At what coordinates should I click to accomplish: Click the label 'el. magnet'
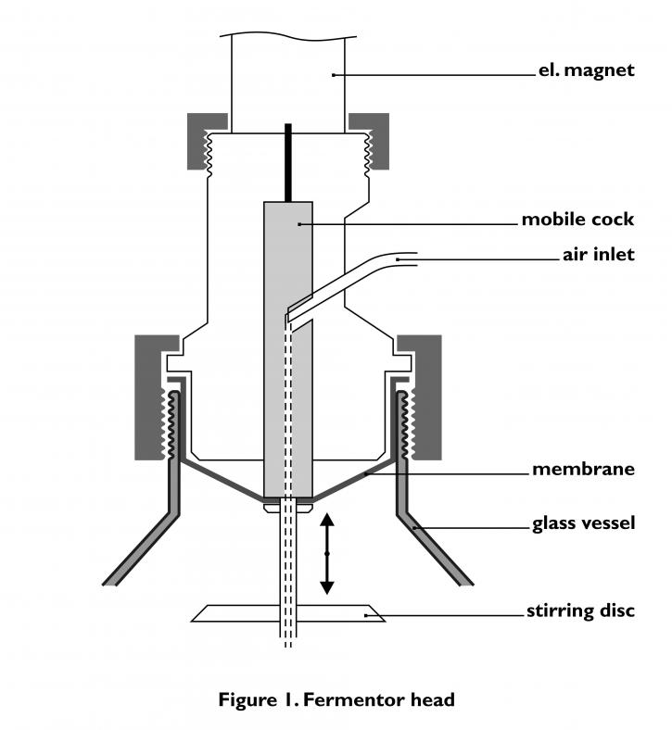coord(587,70)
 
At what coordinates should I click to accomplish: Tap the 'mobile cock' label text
coord(577,220)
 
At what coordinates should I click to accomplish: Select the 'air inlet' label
coord(599,255)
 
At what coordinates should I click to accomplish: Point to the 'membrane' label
coord(583,469)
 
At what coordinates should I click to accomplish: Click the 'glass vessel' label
coord(584,522)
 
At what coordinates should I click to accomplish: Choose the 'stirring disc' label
coord(581,610)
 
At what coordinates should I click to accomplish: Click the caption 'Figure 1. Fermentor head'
coord(336,699)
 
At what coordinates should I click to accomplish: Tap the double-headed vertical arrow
coord(327,554)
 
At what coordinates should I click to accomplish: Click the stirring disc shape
coord(288,613)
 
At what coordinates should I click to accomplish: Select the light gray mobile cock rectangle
coord(287,349)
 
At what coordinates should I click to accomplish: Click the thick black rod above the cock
coord(287,162)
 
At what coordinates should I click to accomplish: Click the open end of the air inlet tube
coord(415,259)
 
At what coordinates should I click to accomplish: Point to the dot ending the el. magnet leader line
coord(334,74)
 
